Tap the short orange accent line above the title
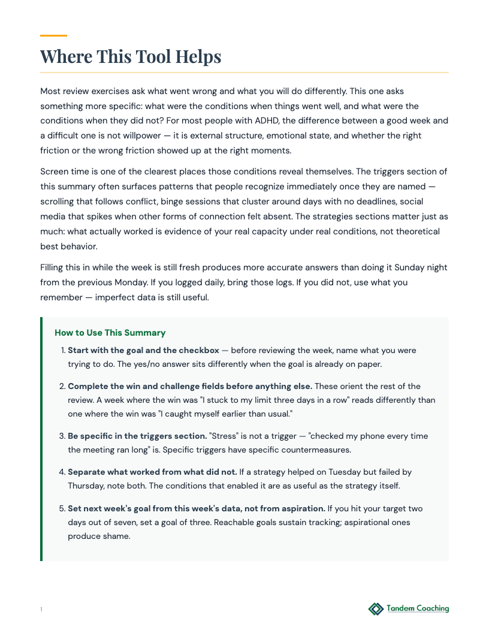(x=53, y=36)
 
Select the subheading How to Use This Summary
(x=110, y=333)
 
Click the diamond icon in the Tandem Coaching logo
(x=376, y=609)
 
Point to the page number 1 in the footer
(x=41, y=610)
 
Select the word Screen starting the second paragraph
(x=55, y=171)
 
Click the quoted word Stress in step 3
(x=222, y=436)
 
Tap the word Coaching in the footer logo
(x=429, y=608)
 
